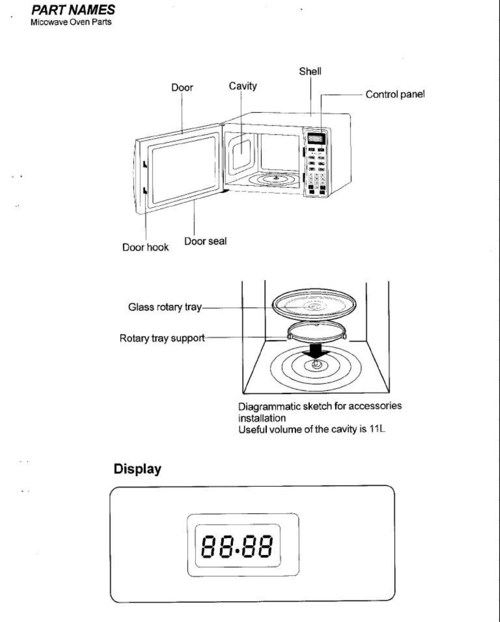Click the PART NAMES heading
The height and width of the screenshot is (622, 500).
[x=73, y=10]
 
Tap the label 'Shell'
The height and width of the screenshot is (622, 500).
[x=310, y=72]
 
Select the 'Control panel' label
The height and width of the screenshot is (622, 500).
[x=395, y=94]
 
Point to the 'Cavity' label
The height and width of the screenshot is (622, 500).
[x=243, y=86]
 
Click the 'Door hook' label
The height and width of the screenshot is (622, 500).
[x=145, y=248]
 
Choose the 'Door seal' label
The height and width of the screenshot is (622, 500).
[x=205, y=241]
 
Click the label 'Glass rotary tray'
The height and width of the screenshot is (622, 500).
[x=165, y=307]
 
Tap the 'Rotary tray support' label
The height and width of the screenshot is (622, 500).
[x=162, y=338]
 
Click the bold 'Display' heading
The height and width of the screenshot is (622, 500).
[x=137, y=469]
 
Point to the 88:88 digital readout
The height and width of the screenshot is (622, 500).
[x=238, y=546]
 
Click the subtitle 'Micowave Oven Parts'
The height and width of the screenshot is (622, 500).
[x=71, y=22]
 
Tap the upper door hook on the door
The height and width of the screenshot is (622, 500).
[x=145, y=164]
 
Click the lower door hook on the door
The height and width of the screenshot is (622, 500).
[x=145, y=191]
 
